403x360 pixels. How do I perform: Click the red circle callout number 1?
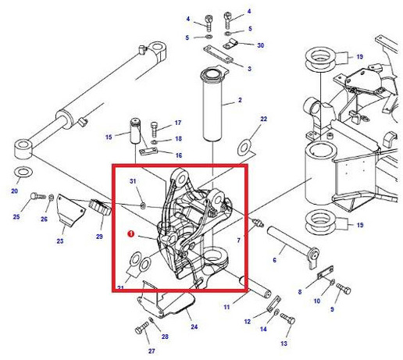point(130,234)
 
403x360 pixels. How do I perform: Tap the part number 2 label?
point(240,100)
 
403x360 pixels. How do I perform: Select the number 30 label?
point(260,45)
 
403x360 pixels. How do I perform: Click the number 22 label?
point(263,119)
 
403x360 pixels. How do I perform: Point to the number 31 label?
point(133,181)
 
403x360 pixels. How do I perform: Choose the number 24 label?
point(194,326)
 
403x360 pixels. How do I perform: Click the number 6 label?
point(274,260)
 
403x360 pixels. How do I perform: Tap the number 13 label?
point(284,344)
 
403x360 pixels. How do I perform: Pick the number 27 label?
point(152,351)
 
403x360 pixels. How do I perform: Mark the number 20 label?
point(15,191)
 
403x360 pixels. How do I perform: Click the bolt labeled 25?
point(38,196)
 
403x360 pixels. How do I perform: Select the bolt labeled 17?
point(155,130)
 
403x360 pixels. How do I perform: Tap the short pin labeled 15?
point(135,131)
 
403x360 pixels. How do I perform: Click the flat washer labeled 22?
point(244,148)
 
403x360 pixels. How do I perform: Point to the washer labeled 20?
point(23,172)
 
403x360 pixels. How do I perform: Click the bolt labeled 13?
point(287,319)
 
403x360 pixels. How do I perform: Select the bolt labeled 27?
point(142,328)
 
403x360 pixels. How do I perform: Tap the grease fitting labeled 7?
point(258,223)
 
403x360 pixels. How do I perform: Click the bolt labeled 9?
point(344,289)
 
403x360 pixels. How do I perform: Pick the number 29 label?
point(99,237)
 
